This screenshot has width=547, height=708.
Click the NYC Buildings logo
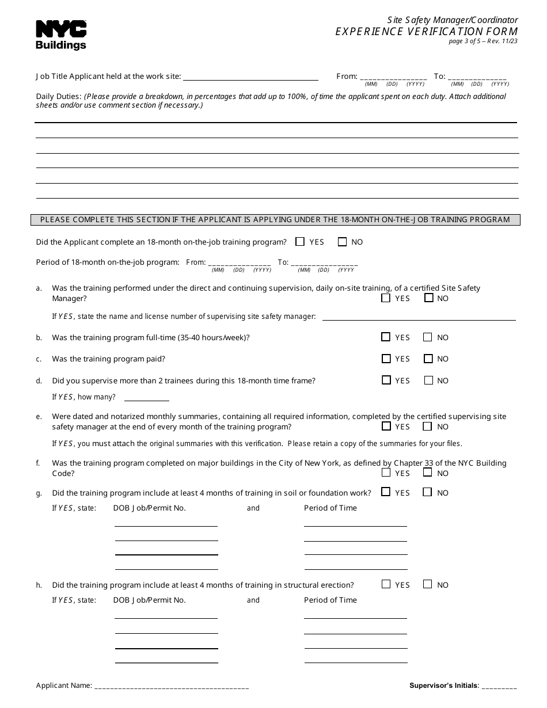[61, 35]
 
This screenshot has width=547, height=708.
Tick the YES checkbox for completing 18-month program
[300, 242]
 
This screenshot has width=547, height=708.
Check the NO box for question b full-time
[428, 337]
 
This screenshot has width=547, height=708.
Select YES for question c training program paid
[386, 359]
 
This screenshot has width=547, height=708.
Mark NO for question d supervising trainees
[428, 380]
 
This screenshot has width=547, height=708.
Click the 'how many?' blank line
[147, 397]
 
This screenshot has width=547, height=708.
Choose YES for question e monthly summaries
[386, 427]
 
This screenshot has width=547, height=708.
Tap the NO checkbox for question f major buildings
[428, 473]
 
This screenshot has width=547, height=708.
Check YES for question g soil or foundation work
[386, 492]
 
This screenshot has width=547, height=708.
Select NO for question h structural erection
[428, 584]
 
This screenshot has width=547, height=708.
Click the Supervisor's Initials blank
[499, 686]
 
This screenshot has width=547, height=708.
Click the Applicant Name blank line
[172, 686]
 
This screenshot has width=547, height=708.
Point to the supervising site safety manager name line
[419, 317]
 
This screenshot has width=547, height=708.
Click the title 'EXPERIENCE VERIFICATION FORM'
[427, 32]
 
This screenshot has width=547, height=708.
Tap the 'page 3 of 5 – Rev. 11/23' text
[483, 41]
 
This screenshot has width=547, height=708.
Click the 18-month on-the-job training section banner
[275, 219]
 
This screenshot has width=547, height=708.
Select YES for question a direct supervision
[386, 298]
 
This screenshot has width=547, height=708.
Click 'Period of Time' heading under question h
[331, 600]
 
